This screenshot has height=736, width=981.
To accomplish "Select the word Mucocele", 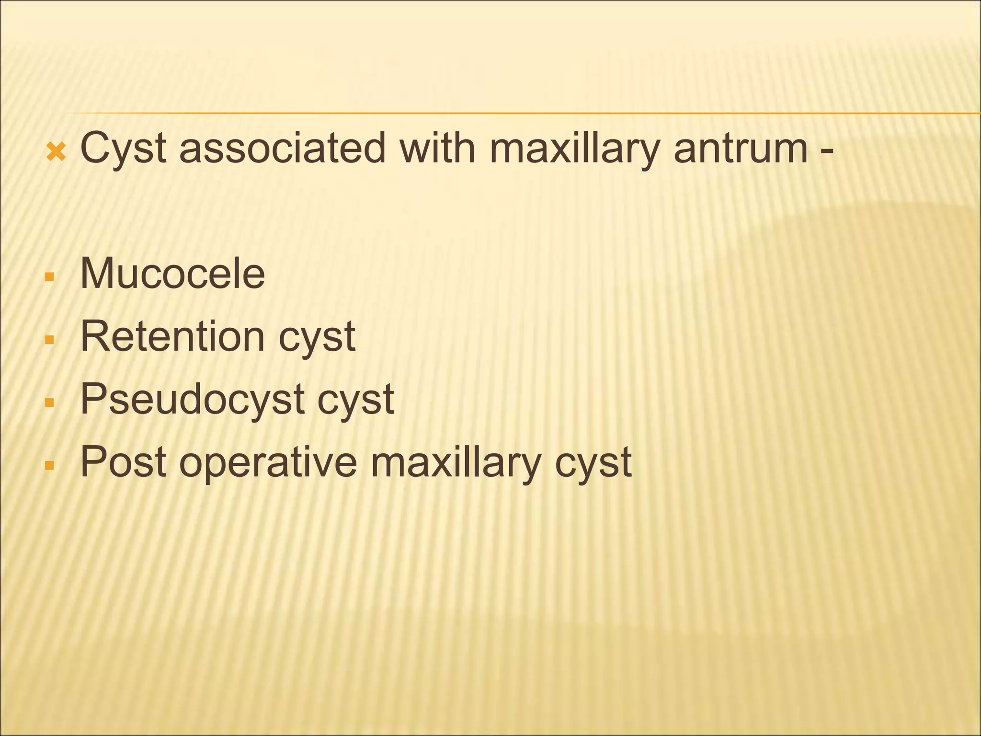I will pos(172,274).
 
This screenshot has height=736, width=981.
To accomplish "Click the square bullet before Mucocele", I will pos(49,277).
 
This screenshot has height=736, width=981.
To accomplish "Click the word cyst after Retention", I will pos(317,338).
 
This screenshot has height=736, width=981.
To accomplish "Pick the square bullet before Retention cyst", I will pos(49,340).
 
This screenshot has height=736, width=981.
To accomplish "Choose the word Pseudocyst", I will pos(192,400).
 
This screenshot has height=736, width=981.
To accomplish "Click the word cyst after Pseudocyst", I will pos(355,400).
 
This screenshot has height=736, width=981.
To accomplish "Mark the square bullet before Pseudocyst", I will pos(49,402).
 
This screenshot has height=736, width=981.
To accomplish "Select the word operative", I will pos(268,463).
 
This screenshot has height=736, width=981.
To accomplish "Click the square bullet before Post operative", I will pos(49,465).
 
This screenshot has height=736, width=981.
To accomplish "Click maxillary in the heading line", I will pos(575,149).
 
